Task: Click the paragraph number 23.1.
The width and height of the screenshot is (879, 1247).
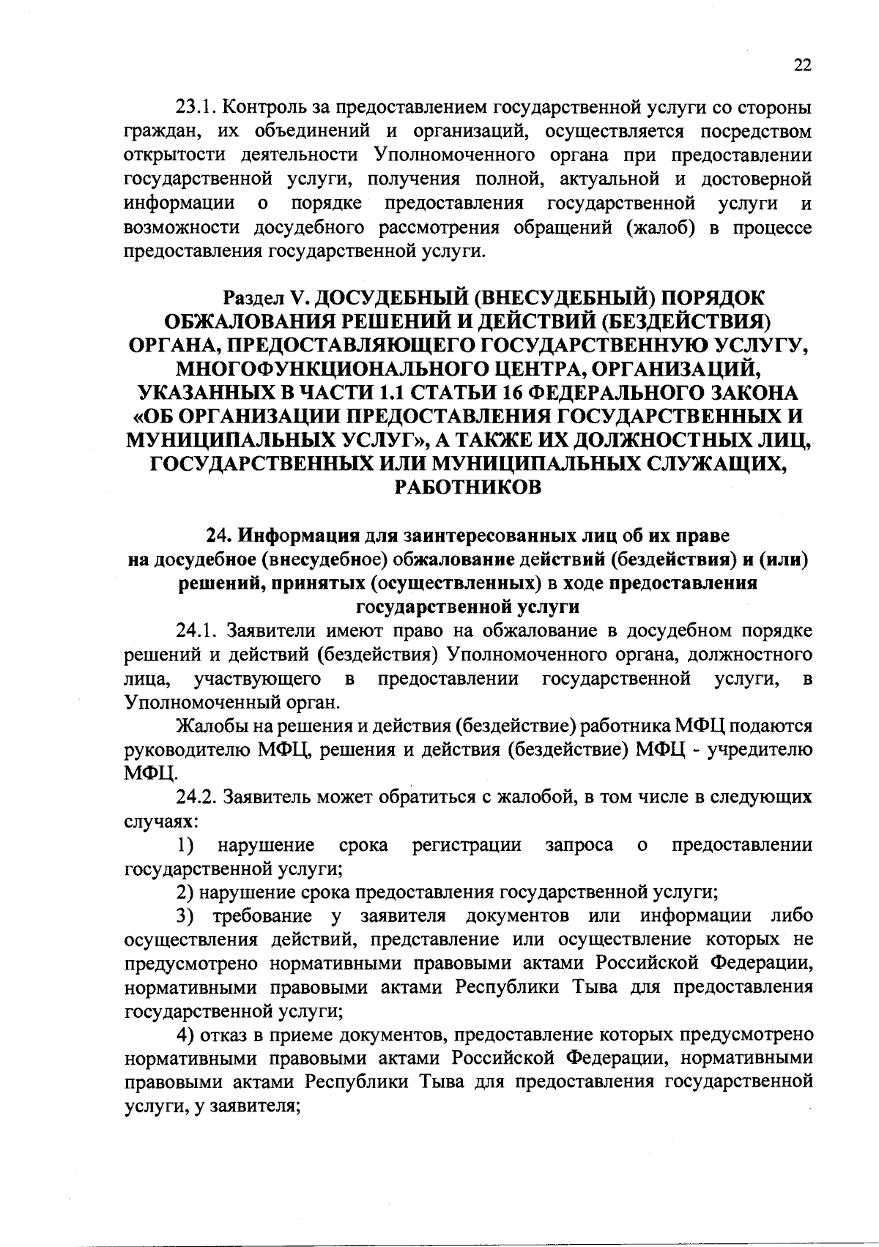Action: tap(194, 108)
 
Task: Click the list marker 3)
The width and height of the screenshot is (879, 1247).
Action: tap(185, 916)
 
